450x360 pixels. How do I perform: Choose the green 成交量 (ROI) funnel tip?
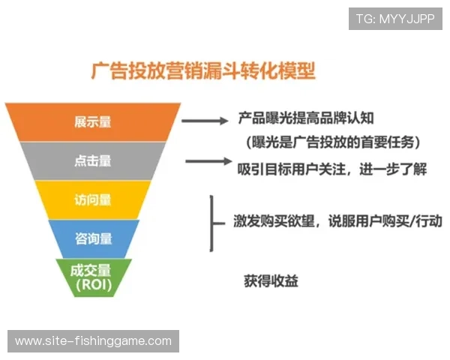pyautogui.click(x=94, y=277)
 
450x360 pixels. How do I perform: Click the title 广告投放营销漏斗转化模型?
pyautogui.click(x=202, y=71)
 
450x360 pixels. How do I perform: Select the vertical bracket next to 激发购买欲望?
pyautogui.click(x=211, y=222)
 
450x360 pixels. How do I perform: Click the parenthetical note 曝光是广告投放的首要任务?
pyautogui.click(x=330, y=141)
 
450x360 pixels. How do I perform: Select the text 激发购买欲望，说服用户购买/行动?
pyautogui.click(x=337, y=222)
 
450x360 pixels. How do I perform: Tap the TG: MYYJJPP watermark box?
pyautogui.click(x=395, y=19)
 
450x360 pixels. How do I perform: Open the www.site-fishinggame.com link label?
pyautogui.click(x=93, y=341)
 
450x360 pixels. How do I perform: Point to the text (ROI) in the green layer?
pyautogui.click(x=94, y=286)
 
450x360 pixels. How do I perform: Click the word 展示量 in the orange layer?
pyautogui.click(x=93, y=121)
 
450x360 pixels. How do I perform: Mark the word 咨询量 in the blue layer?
pyautogui.click(x=94, y=238)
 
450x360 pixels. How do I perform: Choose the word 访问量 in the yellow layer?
pyautogui.click(x=93, y=199)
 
